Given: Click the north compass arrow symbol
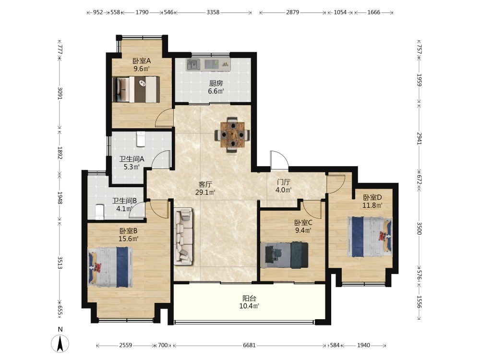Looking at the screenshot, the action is coord(60,343).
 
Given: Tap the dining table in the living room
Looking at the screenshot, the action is coord(232,134).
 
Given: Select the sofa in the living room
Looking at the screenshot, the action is coord(183,236).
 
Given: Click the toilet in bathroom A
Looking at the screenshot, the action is coord(141,139).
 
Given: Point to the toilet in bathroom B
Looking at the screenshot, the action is coord(100,212).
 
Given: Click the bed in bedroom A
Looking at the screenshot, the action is coord(136,89).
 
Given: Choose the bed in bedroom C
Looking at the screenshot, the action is coord(284,255).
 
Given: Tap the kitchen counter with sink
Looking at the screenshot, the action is coord(208,64).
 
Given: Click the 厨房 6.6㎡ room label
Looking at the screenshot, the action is coord(216,87).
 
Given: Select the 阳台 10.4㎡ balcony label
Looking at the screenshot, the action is coord(249,302).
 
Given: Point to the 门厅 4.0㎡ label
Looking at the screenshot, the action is coord(284,186).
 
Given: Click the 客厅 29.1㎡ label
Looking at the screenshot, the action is coord(205,188).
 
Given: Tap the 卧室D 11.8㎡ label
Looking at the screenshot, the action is coord(372,201).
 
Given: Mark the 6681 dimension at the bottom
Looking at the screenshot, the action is coord(249,345).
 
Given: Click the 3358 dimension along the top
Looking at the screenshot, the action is coord(213,12).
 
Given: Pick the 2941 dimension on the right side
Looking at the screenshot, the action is coord(419,138).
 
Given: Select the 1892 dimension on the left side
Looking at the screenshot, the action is coord(60,152).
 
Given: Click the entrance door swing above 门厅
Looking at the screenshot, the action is coord(279,160).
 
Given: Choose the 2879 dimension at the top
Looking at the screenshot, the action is coord(292,12).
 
